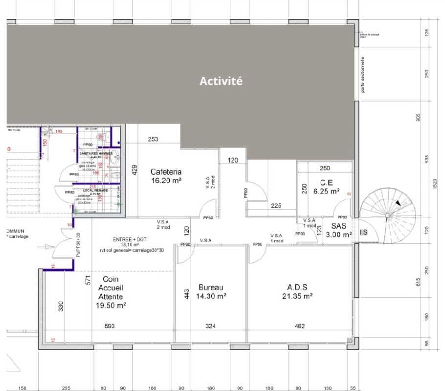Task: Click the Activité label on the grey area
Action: coord(221,81)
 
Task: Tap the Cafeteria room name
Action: coord(166,172)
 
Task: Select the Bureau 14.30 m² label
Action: coord(211,292)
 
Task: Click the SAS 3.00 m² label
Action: coord(338,230)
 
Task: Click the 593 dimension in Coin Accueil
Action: coord(110,326)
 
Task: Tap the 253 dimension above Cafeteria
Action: coord(153,139)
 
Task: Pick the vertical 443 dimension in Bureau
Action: coord(187,293)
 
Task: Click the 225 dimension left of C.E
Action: coord(276,206)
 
